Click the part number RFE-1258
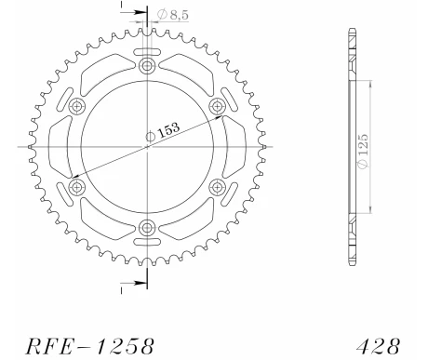click(89, 346)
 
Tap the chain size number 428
click(379, 346)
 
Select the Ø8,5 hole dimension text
click(173, 15)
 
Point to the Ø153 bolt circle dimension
click(163, 131)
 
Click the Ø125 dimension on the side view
click(363, 151)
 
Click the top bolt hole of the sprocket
click(147, 66)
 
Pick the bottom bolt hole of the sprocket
click(147, 228)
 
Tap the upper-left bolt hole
click(76, 106)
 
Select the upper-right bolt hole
click(217, 106)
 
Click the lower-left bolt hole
click(76, 187)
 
